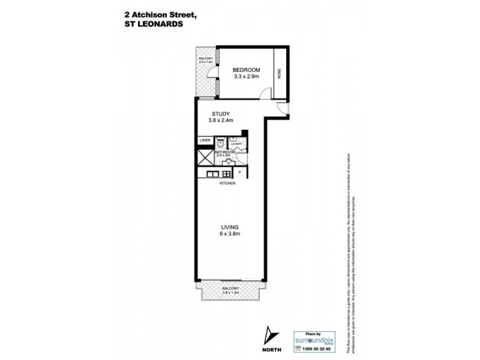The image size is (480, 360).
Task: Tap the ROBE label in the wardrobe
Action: pyautogui.click(x=279, y=73)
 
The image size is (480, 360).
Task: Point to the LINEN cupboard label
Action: pyautogui.click(x=205, y=141)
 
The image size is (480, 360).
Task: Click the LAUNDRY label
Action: pyautogui.click(x=236, y=144)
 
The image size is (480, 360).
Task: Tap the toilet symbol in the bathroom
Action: pyautogui.click(x=220, y=144)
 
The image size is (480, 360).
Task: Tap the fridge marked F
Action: pyautogui.click(x=240, y=173)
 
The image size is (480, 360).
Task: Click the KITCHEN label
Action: pyautogui.click(x=227, y=183)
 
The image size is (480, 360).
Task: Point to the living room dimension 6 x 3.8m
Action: pyautogui.click(x=230, y=234)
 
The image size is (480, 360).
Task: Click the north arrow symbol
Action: pyautogui.click(x=269, y=334)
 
